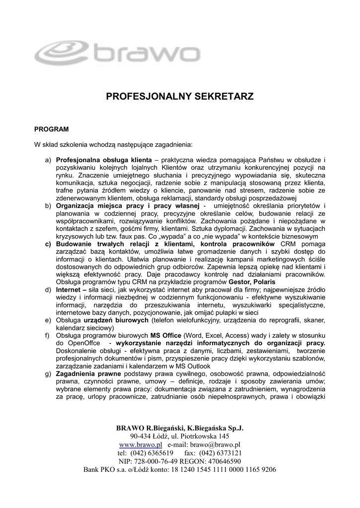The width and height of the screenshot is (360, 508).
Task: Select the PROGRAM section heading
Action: (51, 129)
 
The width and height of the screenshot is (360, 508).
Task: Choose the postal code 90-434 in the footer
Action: (144, 437)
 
